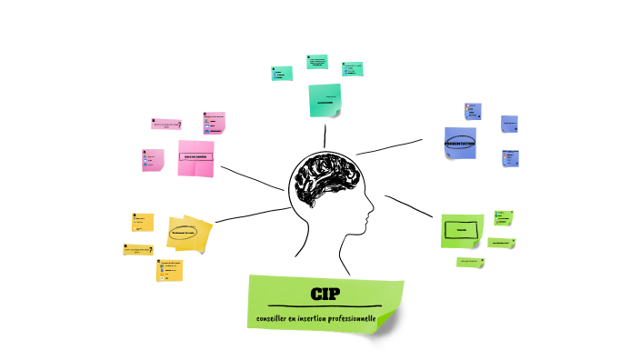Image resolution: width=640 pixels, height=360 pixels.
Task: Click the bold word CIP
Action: (x=324, y=293)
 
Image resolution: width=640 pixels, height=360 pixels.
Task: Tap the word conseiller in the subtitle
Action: (x=274, y=318)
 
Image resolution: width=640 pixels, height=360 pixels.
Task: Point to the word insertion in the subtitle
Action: (x=320, y=318)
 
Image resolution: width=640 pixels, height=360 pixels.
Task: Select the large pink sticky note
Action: (x=195, y=157)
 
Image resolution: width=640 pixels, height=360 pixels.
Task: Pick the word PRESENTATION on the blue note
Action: (x=460, y=144)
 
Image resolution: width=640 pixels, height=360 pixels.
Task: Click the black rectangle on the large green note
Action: (x=461, y=230)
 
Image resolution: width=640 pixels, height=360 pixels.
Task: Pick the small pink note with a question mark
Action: (x=166, y=125)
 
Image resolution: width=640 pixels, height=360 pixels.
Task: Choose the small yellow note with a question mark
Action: (x=138, y=249)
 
